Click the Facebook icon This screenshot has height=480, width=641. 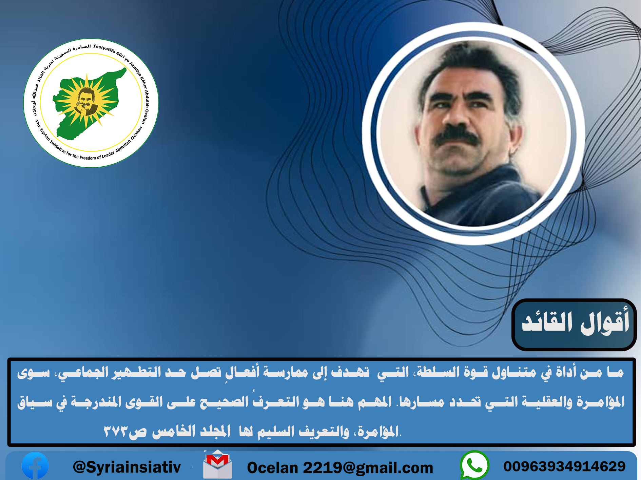coord(35,465)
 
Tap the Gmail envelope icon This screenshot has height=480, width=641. coord(217,465)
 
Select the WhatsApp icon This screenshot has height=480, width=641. coord(474,465)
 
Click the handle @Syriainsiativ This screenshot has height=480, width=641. coord(127,467)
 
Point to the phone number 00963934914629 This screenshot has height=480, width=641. coord(564,466)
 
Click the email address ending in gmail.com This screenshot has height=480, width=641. coord(340,468)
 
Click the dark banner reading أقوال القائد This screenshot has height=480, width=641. coord(574,325)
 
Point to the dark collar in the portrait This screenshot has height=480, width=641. coord(475,190)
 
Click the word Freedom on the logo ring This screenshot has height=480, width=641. coord(88,158)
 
